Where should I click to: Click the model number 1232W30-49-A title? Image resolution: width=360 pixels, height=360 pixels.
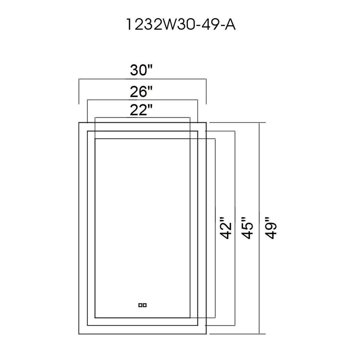click(x=181, y=25)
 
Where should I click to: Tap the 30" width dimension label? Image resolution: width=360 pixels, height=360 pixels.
click(x=141, y=70)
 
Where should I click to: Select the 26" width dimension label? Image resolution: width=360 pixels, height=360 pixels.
click(x=141, y=91)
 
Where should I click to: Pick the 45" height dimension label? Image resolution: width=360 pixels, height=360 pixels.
click(x=247, y=228)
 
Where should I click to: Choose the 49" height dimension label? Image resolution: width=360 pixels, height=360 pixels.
click(x=270, y=228)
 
